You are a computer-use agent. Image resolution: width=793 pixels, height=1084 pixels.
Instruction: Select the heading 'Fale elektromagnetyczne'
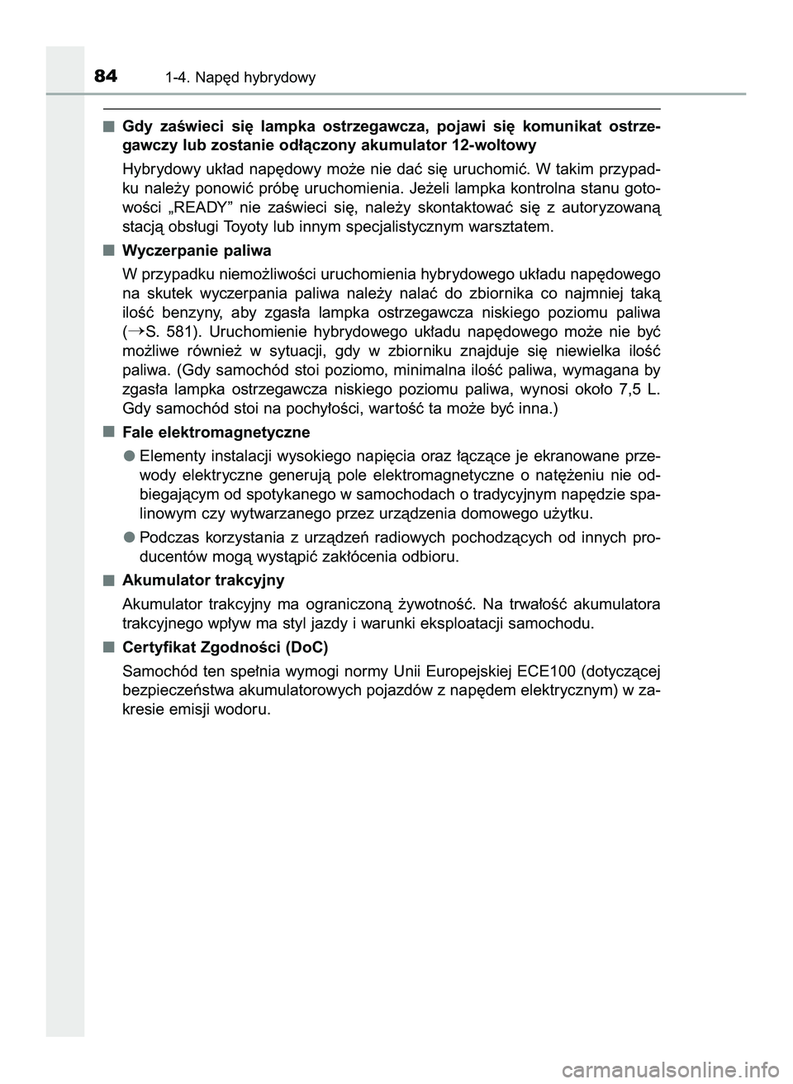(216, 432)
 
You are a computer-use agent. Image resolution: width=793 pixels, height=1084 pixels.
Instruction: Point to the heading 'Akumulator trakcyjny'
(203, 580)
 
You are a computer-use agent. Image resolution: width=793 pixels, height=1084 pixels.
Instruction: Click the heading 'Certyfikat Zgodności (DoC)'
(225, 646)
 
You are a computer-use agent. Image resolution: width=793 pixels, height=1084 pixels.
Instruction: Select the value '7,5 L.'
(638, 389)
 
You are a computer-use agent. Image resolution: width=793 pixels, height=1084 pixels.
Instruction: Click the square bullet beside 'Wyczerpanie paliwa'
(109, 249)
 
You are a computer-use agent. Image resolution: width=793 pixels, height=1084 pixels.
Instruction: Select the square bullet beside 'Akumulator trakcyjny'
(109, 580)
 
